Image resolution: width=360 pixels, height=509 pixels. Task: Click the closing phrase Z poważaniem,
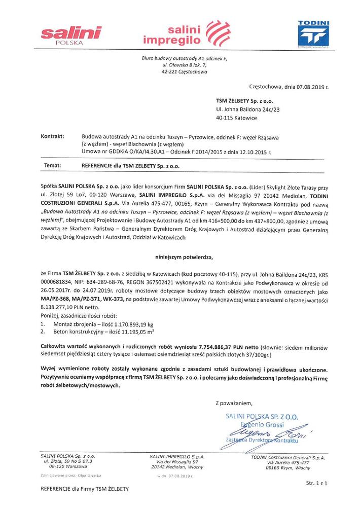point(233,404)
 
